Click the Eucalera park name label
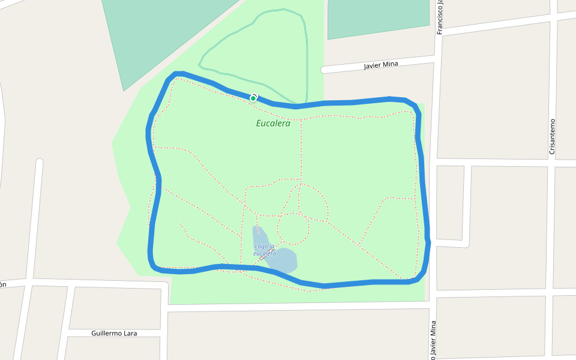(273, 124)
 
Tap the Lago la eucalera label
(265, 250)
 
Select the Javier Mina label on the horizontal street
(380, 65)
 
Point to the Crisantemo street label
(553, 136)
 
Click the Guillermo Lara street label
(114, 332)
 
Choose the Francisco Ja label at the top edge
(440, 17)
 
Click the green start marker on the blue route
(253, 98)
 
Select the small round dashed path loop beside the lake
(293, 228)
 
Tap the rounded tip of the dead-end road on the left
(40, 162)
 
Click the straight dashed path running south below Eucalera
(301, 150)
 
